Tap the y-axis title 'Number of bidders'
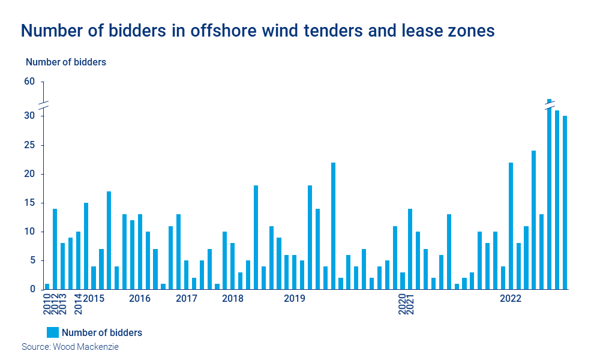pyautogui.click(x=66, y=62)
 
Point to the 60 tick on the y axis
pyautogui.click(x=29, y=82)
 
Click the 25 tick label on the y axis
pyautogui.click(x=29, y=145)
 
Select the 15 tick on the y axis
pyautogui.click(x=29, y=203)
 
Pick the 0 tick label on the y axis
pyautogui.click(x=33, y=289)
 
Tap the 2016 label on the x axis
pyautogui.click(x=140, y=298)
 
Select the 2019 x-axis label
pyautogui.click(x=295, y=298)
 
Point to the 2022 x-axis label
pyautogui.click(x=511, y=298)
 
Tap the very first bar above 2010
pyautogui.click(x=47, y=286)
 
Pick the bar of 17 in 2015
pyautogui.click(x=109, y=240)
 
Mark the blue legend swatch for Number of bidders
pyautogui.click(x=53, y=332)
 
